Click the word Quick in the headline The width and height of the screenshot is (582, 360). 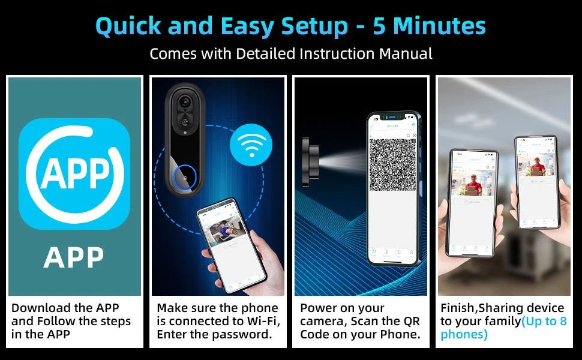point(128,26)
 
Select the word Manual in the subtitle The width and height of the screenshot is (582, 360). point(406,53)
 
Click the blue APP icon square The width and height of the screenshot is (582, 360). point(74,174)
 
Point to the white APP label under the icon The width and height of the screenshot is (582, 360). point(74,257)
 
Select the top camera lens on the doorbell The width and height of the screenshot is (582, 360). point(185,102)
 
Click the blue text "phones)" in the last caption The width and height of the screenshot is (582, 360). point(464,334)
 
